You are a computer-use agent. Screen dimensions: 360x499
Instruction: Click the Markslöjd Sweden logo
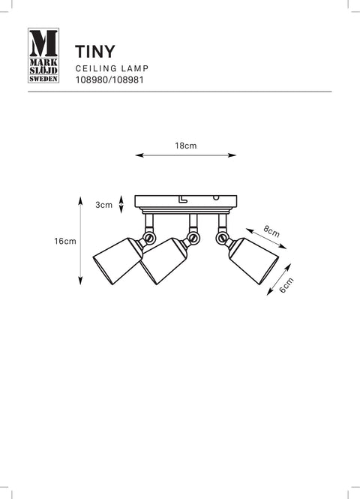43,56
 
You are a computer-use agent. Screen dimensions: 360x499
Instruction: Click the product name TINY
94,52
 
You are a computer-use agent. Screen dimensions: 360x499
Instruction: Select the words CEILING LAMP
112,68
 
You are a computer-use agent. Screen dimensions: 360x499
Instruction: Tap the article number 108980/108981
109,80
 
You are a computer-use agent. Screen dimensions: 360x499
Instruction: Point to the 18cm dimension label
186,146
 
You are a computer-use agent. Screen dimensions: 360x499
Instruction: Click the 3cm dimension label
104,205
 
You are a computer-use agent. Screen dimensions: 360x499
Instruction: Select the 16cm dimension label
65,241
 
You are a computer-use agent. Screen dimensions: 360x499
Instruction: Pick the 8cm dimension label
271,231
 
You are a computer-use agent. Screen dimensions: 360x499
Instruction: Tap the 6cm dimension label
286,285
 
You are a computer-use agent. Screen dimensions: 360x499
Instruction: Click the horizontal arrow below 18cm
186,155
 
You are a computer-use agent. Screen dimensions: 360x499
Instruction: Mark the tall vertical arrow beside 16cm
80,241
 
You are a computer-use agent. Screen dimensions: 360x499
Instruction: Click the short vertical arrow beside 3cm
121,204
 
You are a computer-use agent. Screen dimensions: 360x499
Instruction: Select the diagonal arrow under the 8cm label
266,239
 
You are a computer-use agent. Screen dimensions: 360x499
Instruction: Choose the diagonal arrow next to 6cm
279,279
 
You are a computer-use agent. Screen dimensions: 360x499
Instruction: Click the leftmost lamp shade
118,261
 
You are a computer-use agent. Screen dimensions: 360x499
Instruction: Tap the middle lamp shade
163,261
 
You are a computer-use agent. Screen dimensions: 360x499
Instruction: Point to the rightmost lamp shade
254,261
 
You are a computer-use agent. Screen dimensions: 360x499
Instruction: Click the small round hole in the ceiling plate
216,198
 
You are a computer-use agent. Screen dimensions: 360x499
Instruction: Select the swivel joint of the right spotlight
222,237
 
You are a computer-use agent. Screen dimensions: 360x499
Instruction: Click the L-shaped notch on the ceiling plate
182,199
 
